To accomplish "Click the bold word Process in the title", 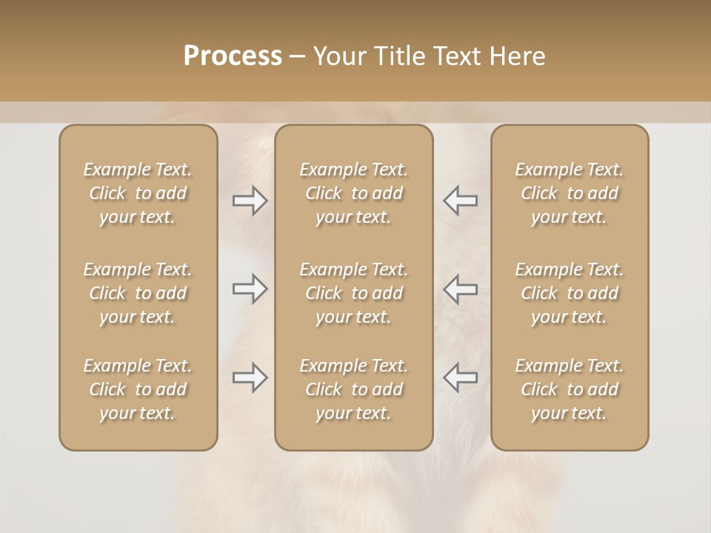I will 233,56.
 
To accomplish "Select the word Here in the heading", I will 517,56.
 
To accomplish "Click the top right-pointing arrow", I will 250,201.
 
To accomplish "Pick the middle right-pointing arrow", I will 250,289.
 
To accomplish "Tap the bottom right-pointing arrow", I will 250,378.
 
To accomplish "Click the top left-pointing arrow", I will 461,201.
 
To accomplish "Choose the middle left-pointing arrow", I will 461,289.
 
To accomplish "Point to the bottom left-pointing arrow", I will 461,378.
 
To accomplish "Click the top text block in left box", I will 138,193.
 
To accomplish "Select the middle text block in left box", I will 138,293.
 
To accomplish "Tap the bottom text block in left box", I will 138,389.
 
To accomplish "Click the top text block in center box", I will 354,193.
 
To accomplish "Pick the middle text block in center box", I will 354,293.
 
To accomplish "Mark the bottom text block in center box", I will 354,389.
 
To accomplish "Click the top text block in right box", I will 570,193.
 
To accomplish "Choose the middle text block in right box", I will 570,293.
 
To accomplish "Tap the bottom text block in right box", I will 570,389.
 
